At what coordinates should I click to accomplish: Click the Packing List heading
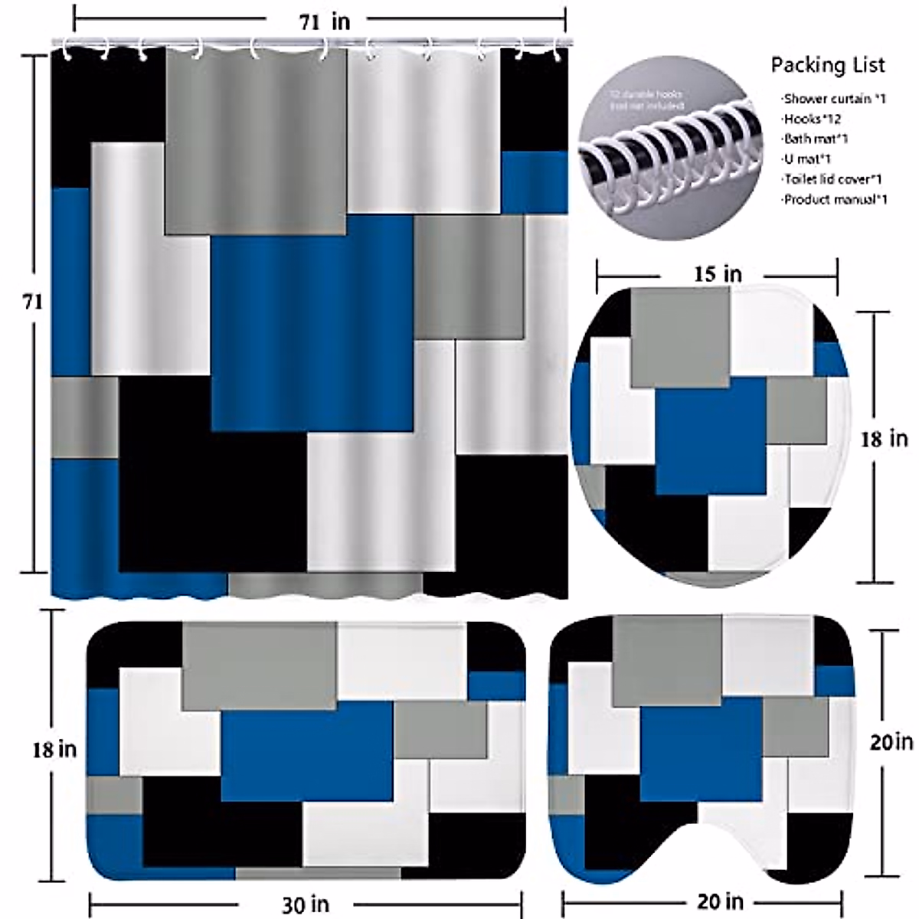coord(828,65)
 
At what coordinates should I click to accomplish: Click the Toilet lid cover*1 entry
coord(832,179)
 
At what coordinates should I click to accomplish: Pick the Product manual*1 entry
coord(835,200)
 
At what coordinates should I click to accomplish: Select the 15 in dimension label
coord(718,273)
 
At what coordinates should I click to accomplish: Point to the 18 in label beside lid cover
coord(884,439)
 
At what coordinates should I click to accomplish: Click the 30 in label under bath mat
coord(305,905)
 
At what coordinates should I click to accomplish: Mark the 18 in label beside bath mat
coord(54,749)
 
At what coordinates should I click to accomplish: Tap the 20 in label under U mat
coord(719,901)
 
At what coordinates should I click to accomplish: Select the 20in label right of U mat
coord(891,741)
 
